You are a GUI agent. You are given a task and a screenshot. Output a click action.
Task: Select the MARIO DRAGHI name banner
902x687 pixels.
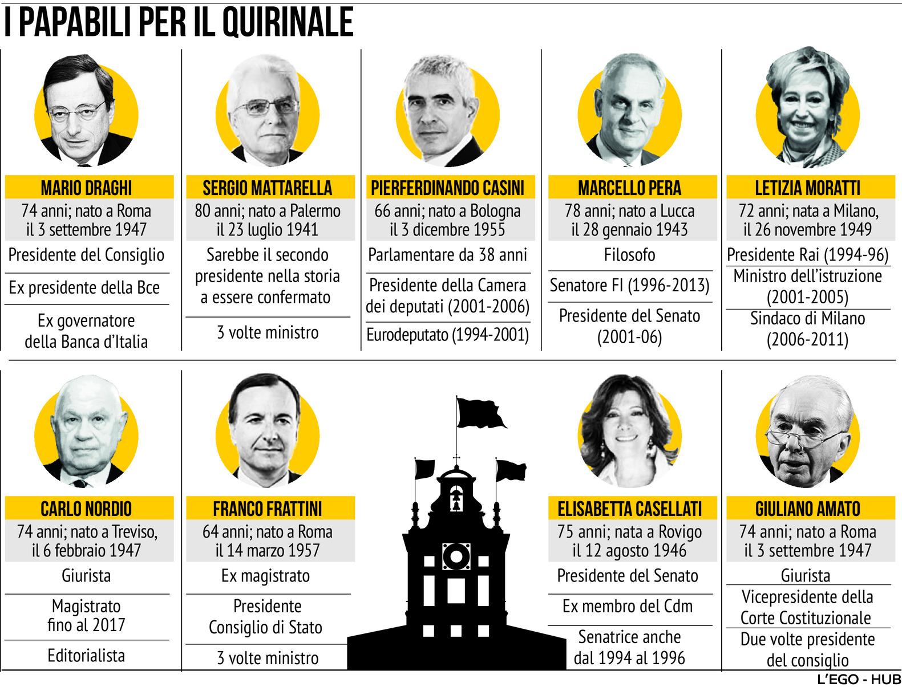point(86,188)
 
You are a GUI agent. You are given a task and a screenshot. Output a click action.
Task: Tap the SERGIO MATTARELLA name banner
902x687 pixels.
point(267,188)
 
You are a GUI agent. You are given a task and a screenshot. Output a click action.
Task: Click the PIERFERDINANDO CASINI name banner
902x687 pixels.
point(447,188)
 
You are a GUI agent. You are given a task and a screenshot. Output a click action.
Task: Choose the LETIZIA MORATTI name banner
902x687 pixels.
point(807,188)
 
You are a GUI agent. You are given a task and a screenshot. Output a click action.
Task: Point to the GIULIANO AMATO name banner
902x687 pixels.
point(807,509)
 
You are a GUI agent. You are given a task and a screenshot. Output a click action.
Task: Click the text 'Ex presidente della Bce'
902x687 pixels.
point(84,288)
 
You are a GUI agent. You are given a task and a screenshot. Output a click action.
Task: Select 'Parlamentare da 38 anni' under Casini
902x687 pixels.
point(447,255)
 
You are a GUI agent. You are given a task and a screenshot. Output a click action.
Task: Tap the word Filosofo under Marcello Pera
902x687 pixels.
point(629,255)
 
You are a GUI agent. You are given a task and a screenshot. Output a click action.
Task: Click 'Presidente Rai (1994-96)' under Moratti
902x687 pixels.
point(807,255)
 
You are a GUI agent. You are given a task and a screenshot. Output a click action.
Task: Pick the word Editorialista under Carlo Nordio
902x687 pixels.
point(86,656)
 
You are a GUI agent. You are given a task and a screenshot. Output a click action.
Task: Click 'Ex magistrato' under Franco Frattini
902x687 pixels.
point(265,576)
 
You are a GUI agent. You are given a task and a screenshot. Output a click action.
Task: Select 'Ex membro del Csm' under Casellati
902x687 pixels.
point(628,606)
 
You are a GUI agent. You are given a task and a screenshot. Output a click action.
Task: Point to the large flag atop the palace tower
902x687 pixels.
point(480,413)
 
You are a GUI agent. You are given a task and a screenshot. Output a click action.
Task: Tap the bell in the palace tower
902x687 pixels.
point(456,500)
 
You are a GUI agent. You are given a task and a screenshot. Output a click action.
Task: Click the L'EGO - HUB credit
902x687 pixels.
point(859,679)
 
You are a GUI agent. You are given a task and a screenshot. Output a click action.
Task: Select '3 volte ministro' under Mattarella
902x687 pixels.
point(268,332)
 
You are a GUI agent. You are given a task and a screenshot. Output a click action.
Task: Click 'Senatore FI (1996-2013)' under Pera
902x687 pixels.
point(629,285)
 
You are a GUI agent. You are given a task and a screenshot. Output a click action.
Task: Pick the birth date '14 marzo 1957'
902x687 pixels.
point(267,551)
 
